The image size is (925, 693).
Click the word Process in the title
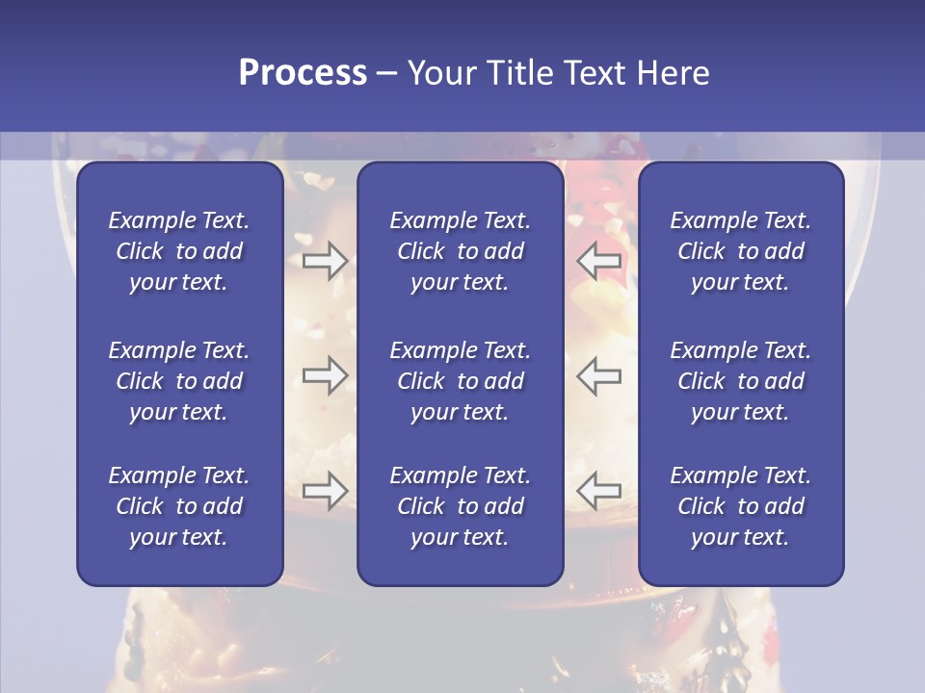[303, 73]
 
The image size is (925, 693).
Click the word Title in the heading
[518, 73]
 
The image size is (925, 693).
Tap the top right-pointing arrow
[325, 261]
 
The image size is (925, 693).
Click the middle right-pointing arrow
[325, 375]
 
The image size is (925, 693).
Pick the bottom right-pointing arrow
[325, 491]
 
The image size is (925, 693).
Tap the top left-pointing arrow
[599, 261]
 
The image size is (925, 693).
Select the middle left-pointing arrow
[599, 375]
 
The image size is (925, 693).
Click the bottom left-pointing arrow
[599, 491]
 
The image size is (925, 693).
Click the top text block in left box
[179, 251]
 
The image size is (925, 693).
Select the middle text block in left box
[179, 381]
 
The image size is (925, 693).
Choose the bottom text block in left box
[179, 506]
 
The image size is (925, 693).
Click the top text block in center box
[460, 251]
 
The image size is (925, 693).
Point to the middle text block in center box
[460, 381]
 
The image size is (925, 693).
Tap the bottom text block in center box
[460, 506]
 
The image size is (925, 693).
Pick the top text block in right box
[740, 251]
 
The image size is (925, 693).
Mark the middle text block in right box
[740, 381]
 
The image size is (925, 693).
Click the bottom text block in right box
[740, 506]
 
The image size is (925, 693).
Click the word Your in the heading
[441, 73]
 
